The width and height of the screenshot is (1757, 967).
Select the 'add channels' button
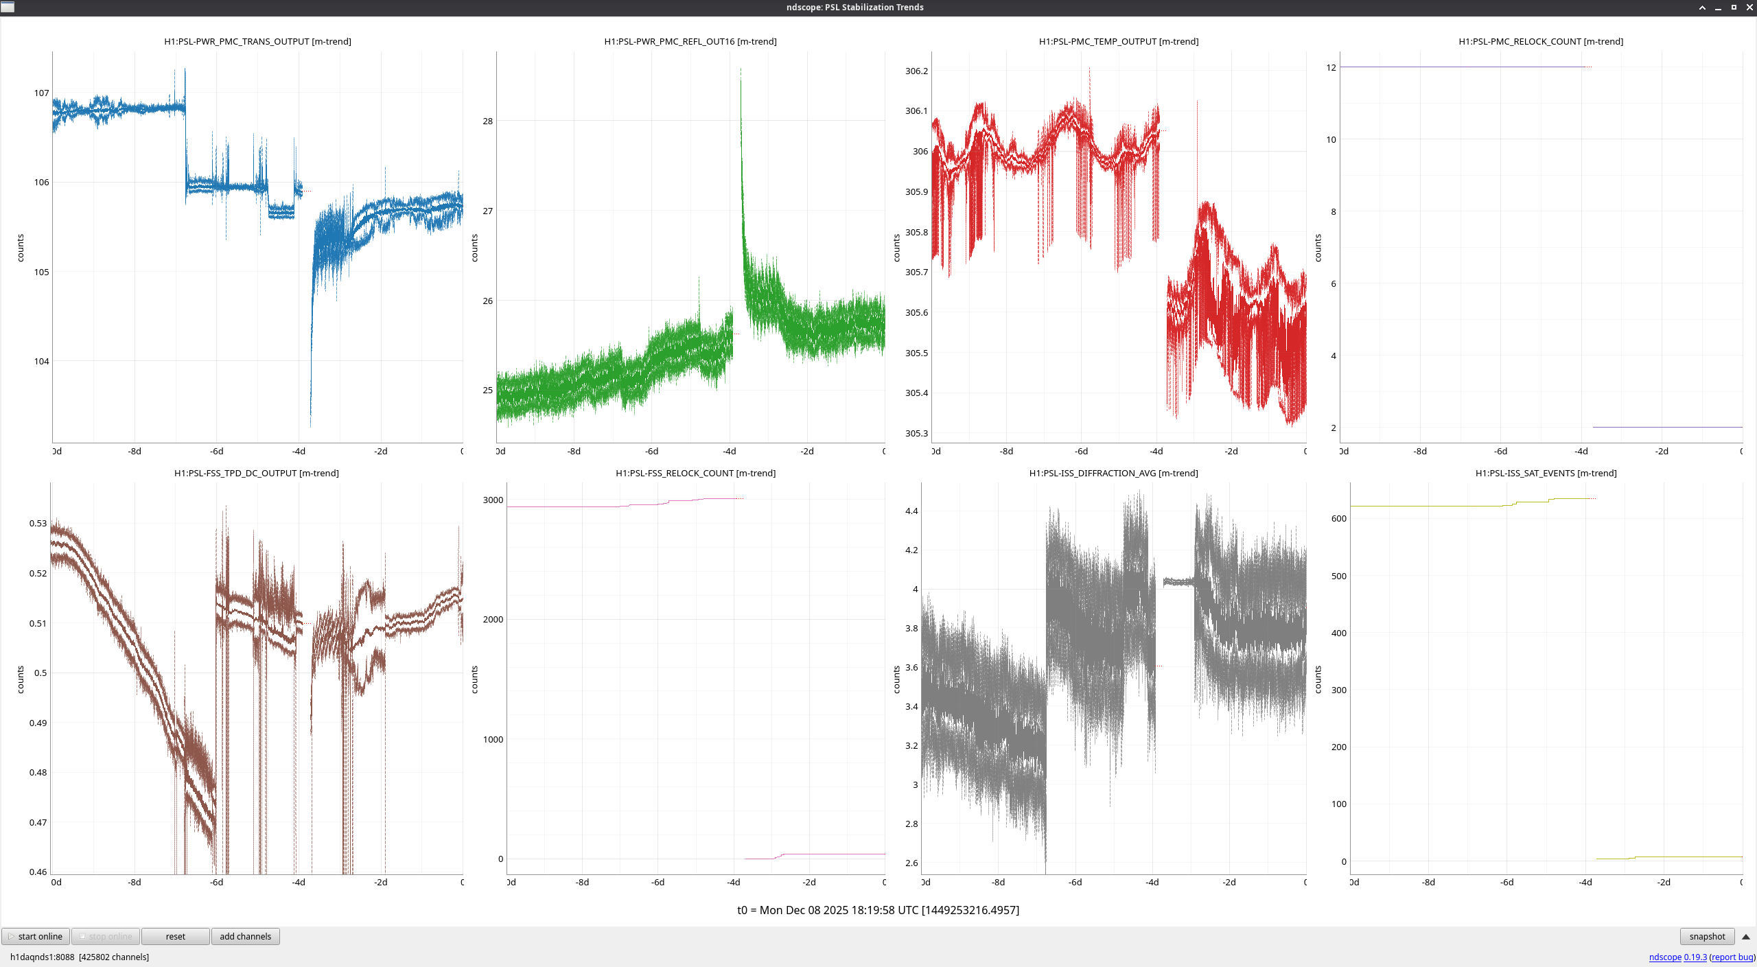tap(245, 936)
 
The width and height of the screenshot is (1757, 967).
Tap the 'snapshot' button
tap(1707, 936)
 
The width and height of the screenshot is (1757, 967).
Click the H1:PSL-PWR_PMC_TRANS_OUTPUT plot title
tap(257, 42)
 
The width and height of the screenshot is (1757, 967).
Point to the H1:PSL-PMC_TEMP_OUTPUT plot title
tap(1119, 42)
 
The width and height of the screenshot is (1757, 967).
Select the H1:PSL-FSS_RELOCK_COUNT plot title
tap(695, 473)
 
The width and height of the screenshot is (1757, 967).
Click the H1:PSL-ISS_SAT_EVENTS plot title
tap(1546, 473)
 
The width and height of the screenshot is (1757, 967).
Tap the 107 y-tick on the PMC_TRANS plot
tap(42, 93)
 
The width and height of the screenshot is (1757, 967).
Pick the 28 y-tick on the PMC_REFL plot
tap(487, 121)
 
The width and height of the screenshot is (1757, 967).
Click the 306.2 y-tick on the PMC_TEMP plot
tap(916, 71)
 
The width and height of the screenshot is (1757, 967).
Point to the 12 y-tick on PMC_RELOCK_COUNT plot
tap(1331, 67)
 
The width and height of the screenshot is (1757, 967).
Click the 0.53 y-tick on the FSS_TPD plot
tap(38, 523)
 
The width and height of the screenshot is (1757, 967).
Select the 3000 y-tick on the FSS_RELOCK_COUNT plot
tap(493, 500)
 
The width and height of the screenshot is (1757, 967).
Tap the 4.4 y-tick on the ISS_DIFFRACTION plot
tap(911, 511)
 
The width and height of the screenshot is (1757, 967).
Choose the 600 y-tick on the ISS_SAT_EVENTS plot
tap(1338, 518)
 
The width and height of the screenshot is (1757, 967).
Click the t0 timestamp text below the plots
tap(878, 910)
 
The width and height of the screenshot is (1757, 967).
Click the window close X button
tap(1749, 8)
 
